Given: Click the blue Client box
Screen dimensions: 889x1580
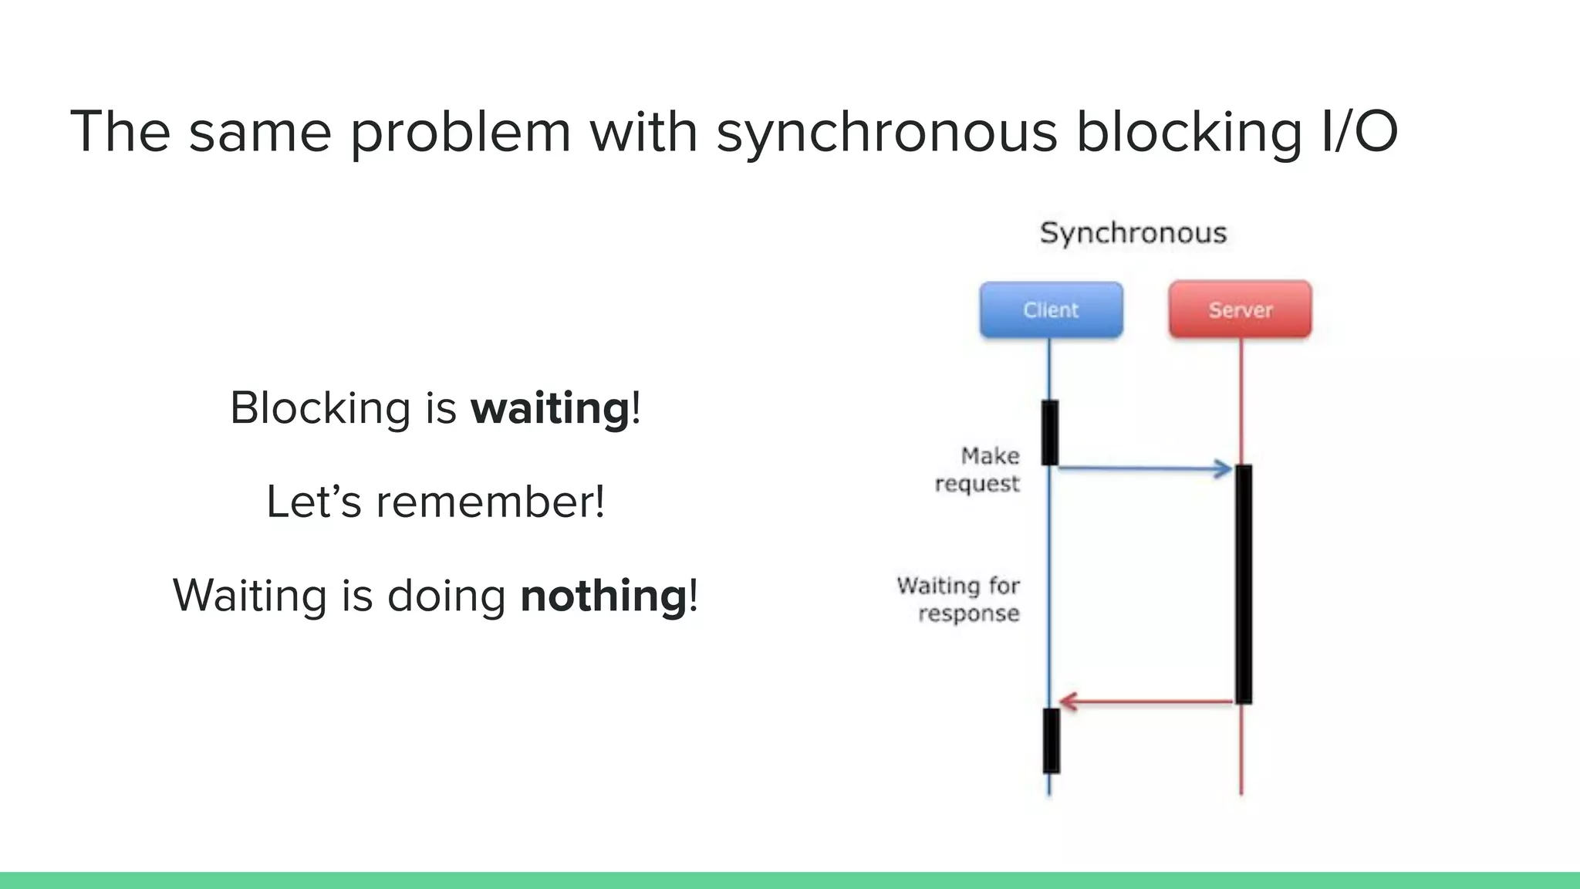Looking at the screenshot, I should tap(1051, 309).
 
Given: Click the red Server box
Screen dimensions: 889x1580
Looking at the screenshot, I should tap(1240, 309).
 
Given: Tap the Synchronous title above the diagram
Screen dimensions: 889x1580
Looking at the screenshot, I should tap(1133, 232).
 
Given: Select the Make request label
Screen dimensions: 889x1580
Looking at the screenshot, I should tap(978, 469).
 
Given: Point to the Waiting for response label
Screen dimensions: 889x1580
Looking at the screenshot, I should tap(959, 599).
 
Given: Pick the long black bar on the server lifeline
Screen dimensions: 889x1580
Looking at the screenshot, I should tap(1243, 583).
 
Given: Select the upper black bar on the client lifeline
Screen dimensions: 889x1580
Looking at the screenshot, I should tap(1049, 432).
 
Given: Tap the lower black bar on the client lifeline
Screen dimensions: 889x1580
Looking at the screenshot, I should tap(1051, 740).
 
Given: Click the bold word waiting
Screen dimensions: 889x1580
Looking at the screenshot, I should tap(550, 408).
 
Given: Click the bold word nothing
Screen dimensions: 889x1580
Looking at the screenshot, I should tap(603, 596).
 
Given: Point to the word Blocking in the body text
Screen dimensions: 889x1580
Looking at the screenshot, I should tap(320, 408).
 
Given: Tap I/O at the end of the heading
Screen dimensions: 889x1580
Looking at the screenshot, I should tap(1359, 131).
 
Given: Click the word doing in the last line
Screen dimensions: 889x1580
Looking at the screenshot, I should tap(446, 596).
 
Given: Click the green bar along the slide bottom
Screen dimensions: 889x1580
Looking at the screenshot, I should tap(790, 880).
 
